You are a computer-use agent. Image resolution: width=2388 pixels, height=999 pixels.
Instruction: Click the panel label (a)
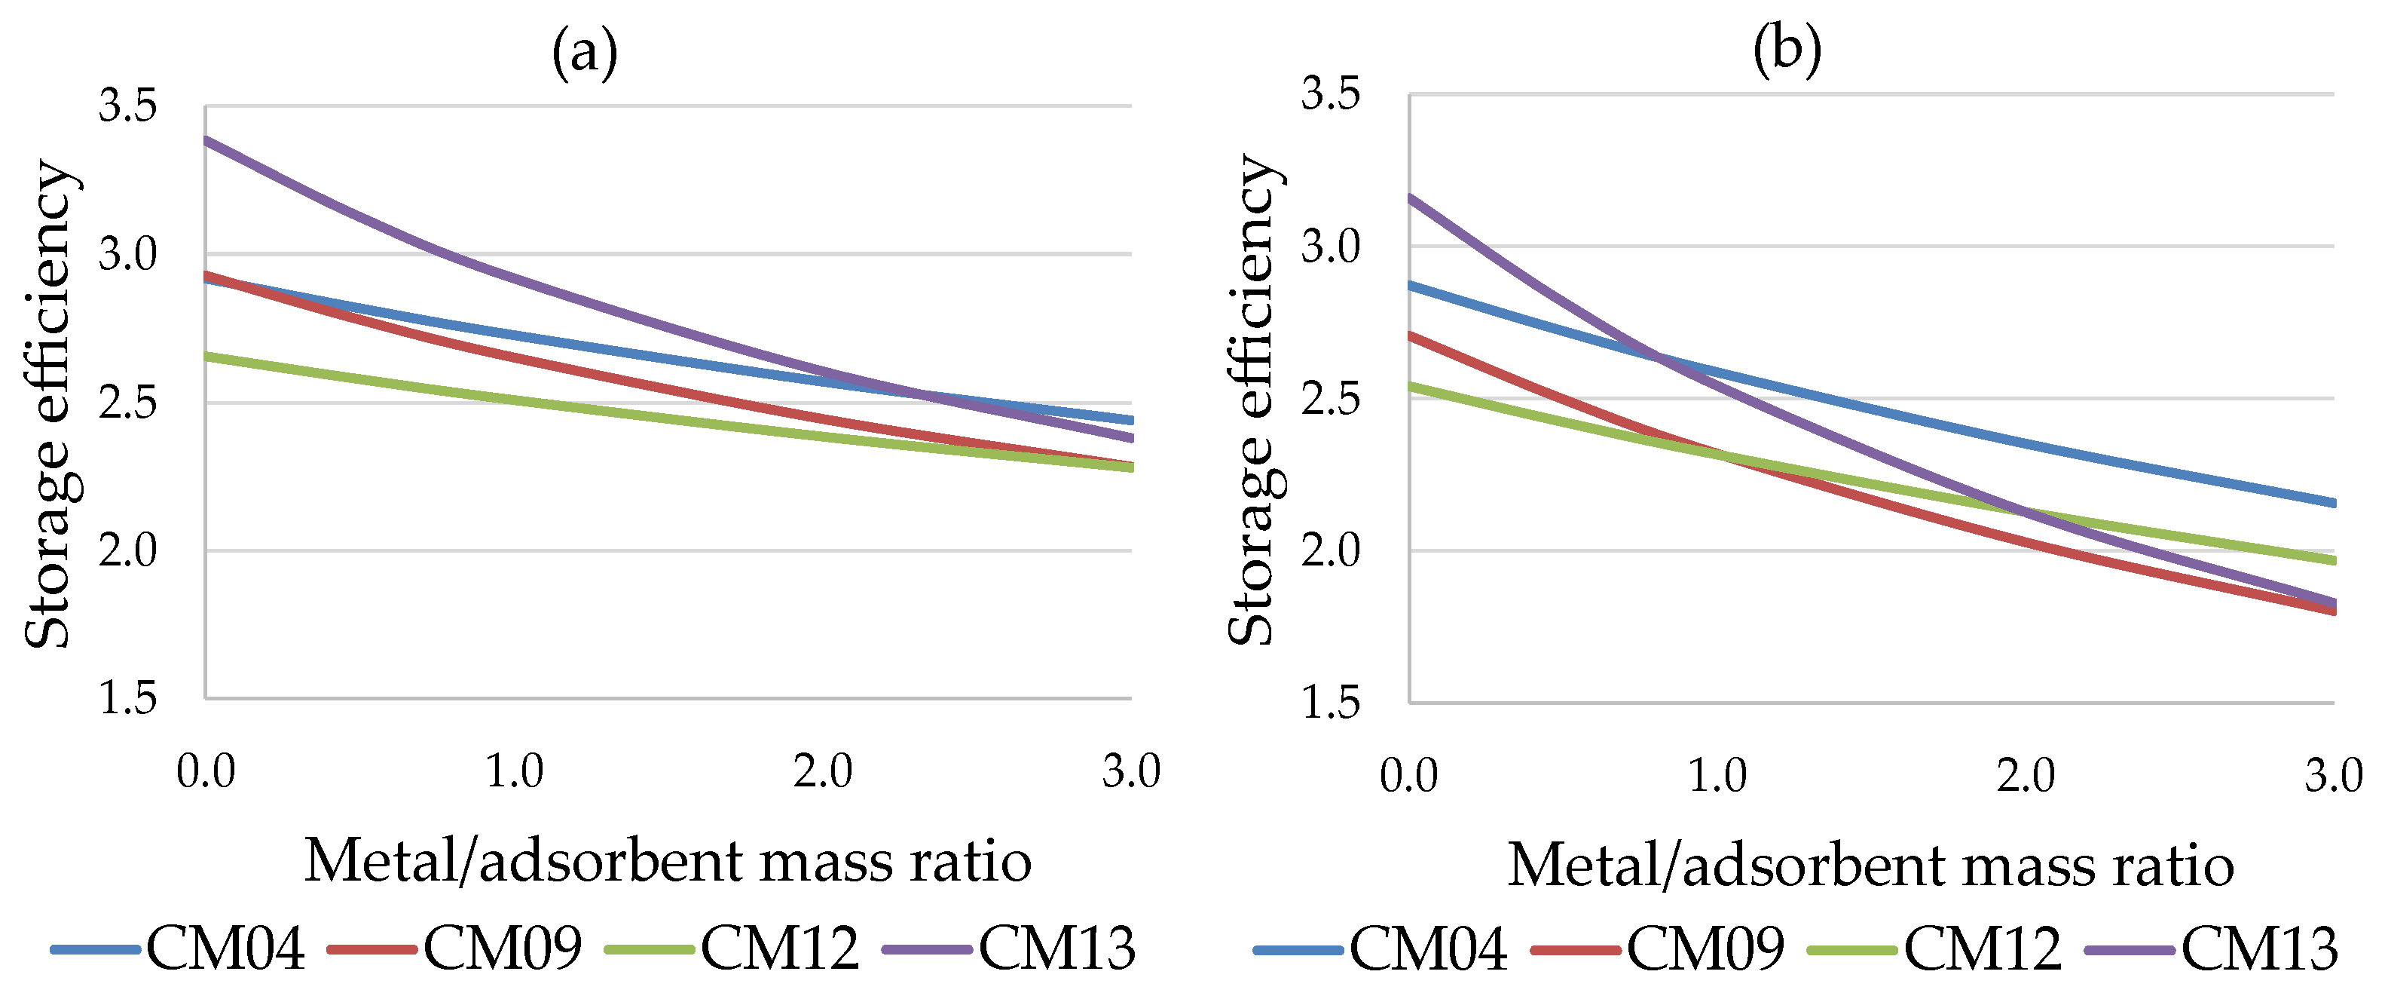(584, 53)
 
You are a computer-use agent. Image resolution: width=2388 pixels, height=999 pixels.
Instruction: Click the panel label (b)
(1787, 49)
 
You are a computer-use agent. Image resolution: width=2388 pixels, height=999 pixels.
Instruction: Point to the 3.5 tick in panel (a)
(128, 106)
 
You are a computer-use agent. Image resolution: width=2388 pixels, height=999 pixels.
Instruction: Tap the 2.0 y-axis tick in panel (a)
(128, 550)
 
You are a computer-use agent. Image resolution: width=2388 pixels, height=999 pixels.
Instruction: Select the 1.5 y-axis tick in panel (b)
(1330, 702)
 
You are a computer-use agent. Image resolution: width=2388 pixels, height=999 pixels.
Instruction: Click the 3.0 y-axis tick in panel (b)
(1330, 246)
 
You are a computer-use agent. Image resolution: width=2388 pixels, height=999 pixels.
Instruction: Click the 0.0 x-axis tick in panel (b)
(1408, 776)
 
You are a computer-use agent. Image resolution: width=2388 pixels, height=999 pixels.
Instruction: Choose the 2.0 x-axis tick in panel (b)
(2026, 776)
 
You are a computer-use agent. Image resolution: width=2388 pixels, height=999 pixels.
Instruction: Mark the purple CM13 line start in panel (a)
(208, 140)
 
